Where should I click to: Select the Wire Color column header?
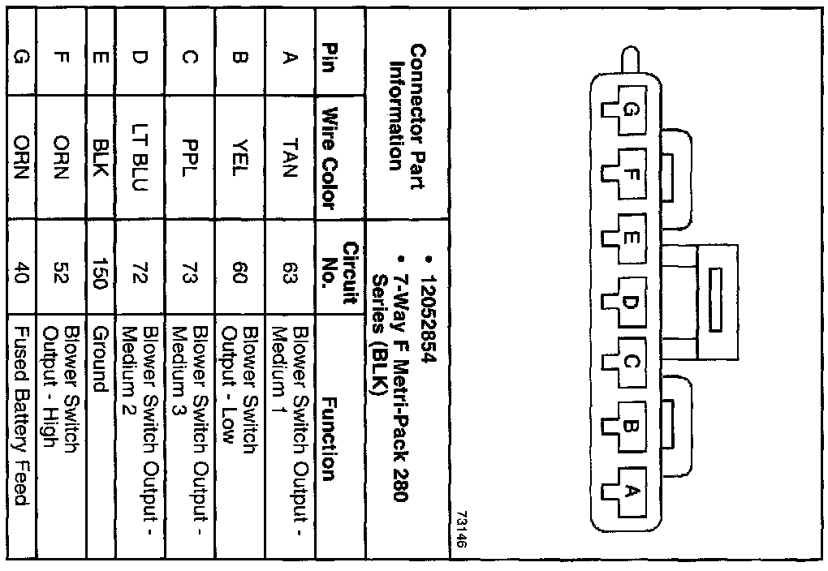click(329, 159)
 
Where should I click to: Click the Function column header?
click(329, 439)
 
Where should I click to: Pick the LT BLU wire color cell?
click(136, 159)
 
